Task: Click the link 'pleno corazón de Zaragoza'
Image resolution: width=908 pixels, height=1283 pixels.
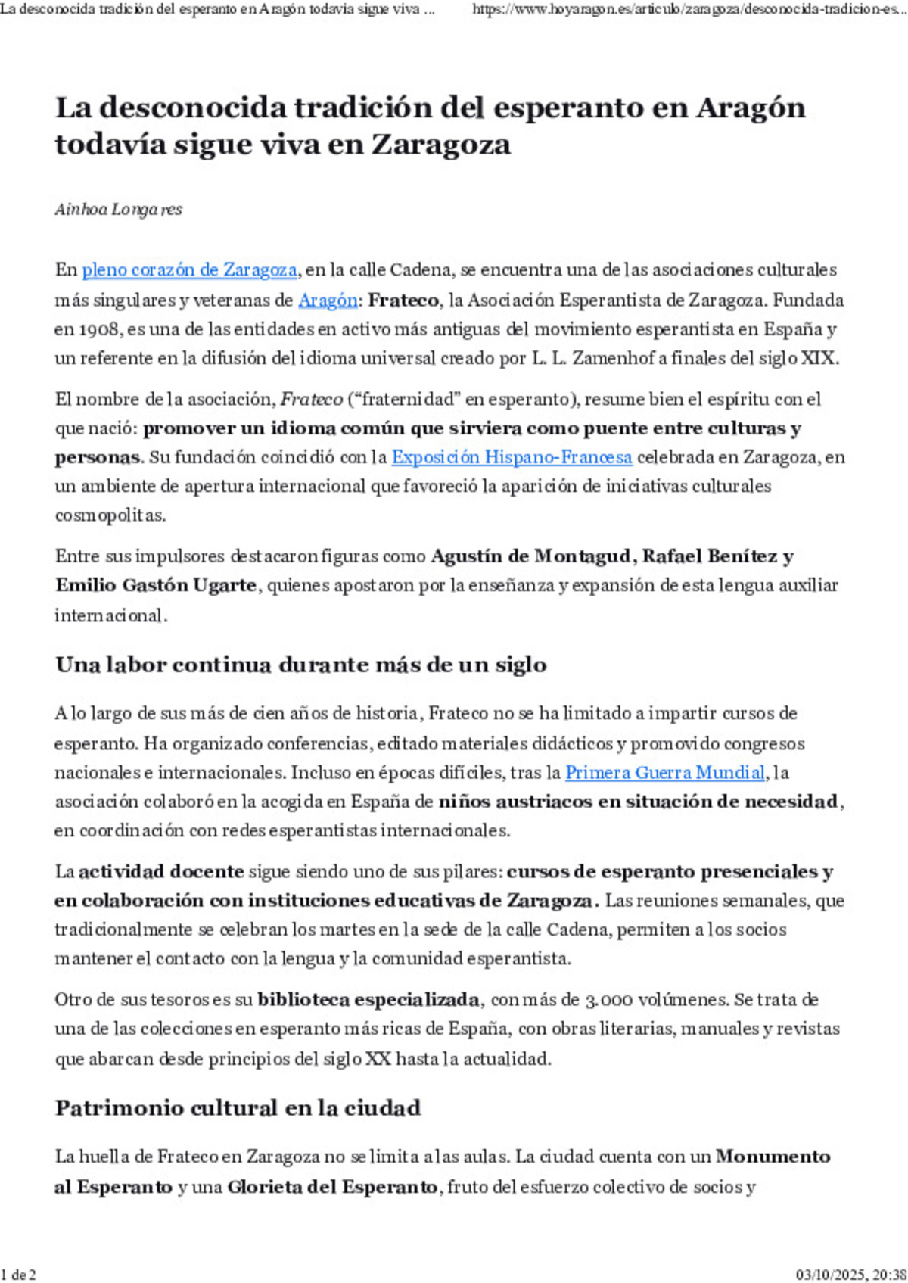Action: (189, 270)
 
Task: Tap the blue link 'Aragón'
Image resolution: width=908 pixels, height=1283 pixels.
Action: (328, 301)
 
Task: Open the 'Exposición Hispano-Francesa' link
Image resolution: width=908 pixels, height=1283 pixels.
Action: (512, 457)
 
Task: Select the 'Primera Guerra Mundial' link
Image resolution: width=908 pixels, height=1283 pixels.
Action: (665, 773)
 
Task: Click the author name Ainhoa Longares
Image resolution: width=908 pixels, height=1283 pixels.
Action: (118, 210)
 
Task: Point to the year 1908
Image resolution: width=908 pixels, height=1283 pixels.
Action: (95, 329)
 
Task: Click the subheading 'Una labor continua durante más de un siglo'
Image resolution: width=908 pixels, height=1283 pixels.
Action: (300, 665)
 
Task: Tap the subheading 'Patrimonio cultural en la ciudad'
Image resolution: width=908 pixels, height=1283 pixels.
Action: (238, 1108)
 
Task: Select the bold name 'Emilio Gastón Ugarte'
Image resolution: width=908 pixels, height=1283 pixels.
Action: (155, 585)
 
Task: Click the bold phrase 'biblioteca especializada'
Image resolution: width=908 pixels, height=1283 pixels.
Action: (368, 1000)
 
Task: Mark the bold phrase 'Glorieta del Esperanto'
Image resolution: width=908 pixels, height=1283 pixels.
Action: (332, 1187)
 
